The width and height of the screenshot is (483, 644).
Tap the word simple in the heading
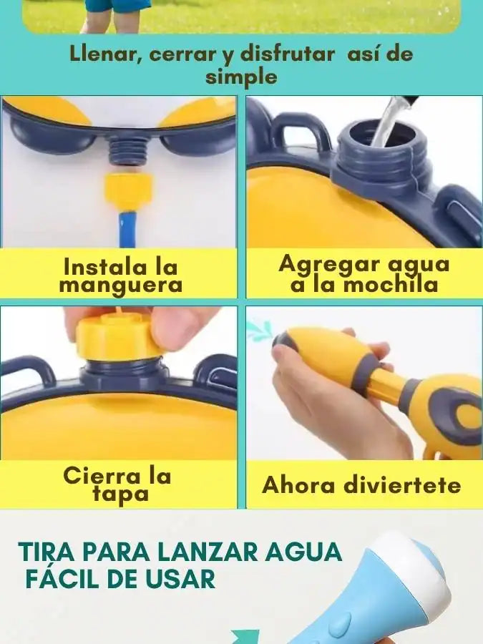[x=242, y=77]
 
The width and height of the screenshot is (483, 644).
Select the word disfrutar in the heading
[x=288, y=54]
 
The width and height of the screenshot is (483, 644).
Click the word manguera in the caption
[x=121, y=286]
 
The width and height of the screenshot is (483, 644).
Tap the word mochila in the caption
[x=391, y=285]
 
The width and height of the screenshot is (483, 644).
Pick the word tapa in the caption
[x=121, y=494]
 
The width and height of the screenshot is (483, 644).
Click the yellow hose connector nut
[x=128, y=192]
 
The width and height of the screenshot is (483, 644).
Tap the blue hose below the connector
[x=125, y=229]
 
